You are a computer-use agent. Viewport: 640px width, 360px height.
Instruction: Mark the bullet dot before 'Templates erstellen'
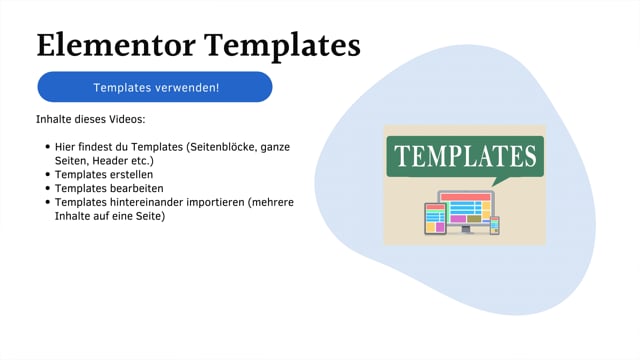coord(48,174)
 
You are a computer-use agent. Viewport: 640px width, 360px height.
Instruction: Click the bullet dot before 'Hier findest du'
coord(48,147)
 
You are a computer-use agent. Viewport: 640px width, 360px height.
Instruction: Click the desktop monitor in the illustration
coord(465,207)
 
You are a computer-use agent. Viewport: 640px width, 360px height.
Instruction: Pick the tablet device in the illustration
coord(435,218)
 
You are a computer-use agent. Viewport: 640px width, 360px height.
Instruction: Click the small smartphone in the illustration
coord(494,225)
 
